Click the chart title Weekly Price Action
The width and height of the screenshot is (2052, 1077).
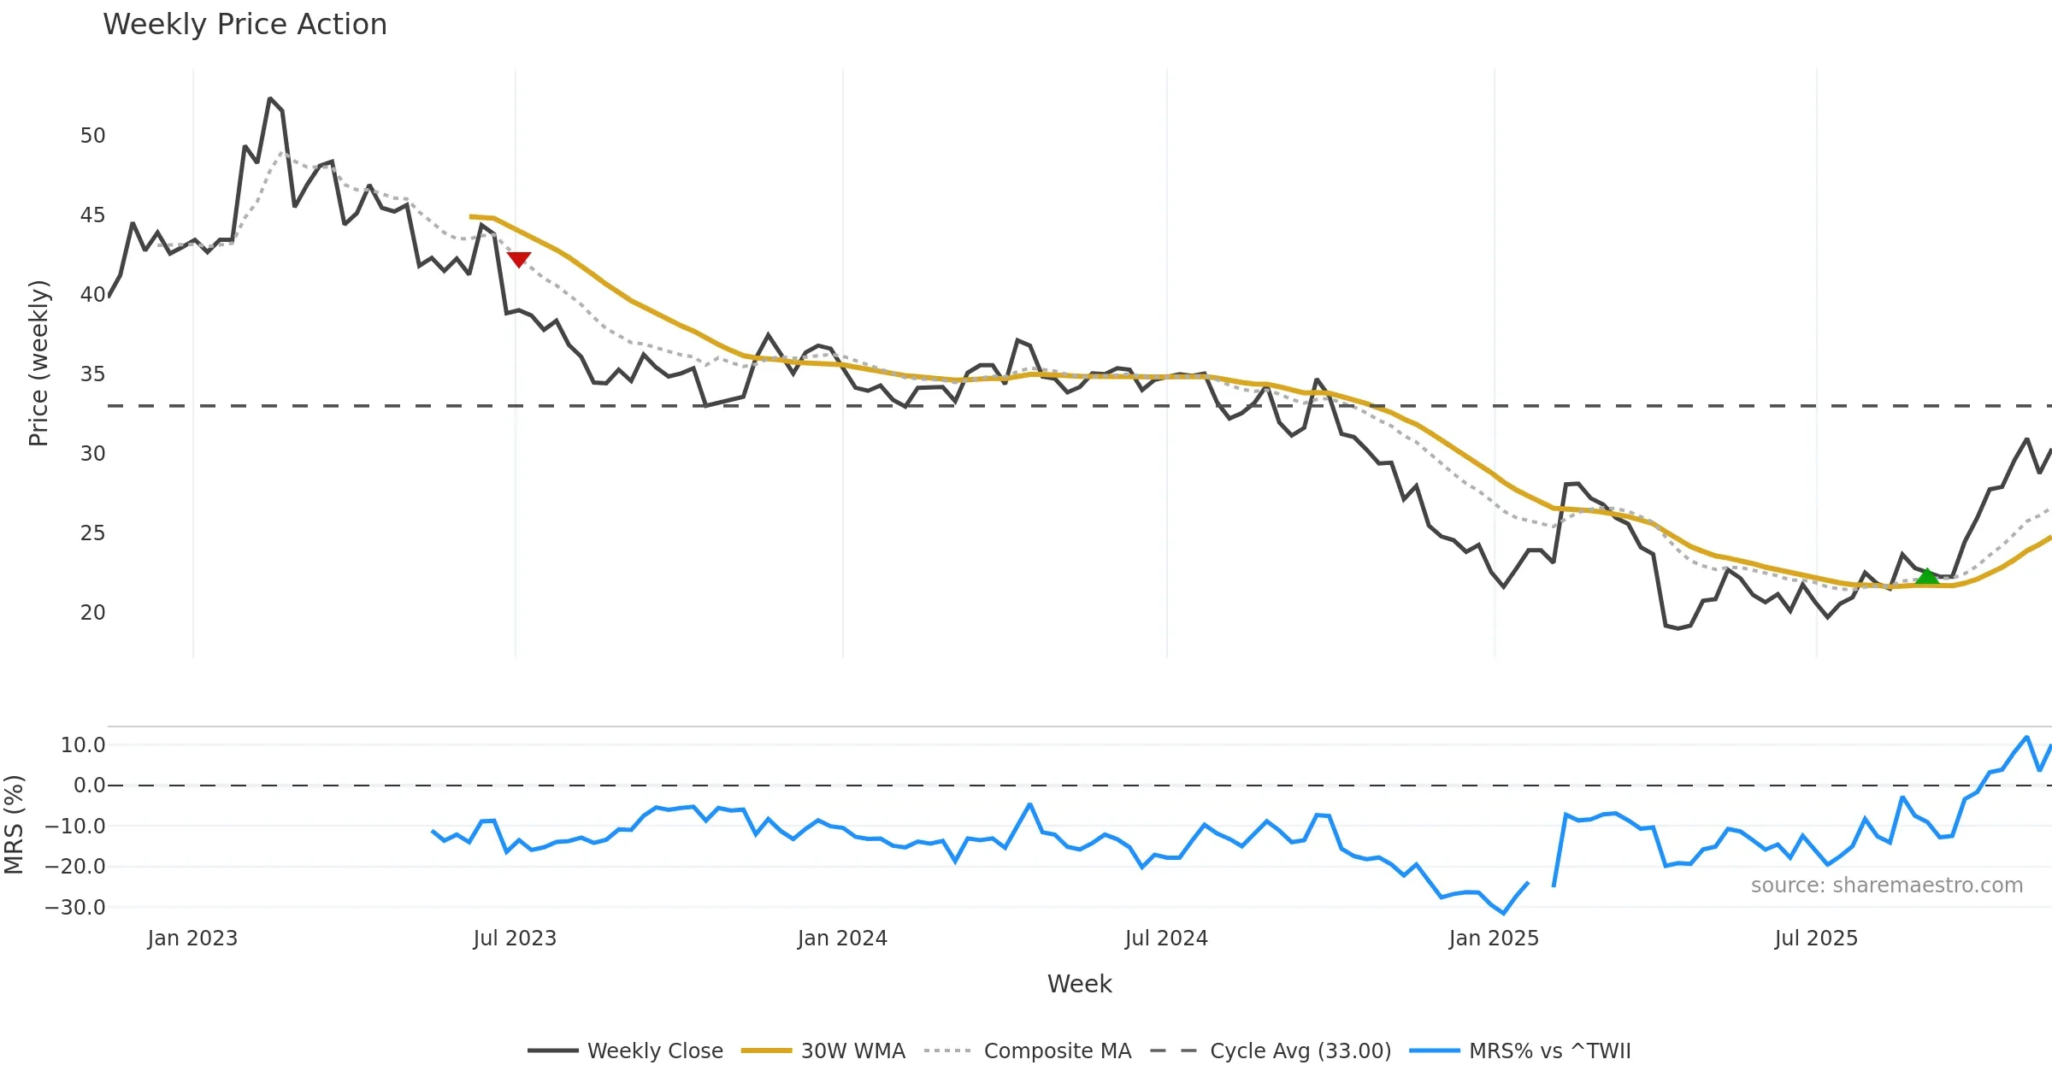pyautogui.click(x=245, y=24)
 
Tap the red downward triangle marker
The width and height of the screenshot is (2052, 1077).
pyautogui.click(x=519, y=259)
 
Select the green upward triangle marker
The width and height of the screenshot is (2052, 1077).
pyautogui.click(x=1927, y=577)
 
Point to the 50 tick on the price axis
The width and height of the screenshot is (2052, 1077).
pyautogui.click(x=92, y=136)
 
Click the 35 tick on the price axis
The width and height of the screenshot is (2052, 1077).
pyautogui.click(x=92, y=374)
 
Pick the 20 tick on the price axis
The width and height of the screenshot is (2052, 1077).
pyautogui.click(x=92, y=613)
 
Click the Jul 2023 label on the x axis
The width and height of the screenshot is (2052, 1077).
pyautogui.click(x=515, y=939)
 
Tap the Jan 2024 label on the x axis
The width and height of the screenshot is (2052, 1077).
pyautogui.click(x=842, y=939)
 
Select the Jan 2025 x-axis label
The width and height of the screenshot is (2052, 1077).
pyautogui.click(x=1494, y=939)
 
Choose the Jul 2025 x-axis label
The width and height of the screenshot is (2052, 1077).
pyautogui.click(x=1816, y=939)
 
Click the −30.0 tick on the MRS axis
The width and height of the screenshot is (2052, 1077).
pyautogui.click(x=75, y=908)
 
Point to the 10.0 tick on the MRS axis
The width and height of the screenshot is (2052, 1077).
pyautogui.click(x=83, y=745)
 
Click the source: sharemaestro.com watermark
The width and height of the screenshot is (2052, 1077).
pyautogui.click(x=1886, y=886)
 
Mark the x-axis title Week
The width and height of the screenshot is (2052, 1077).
pyautogui.click(x=1079, y=985)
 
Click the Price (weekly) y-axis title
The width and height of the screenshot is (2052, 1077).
pyautogui.click(x=38, y=363)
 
